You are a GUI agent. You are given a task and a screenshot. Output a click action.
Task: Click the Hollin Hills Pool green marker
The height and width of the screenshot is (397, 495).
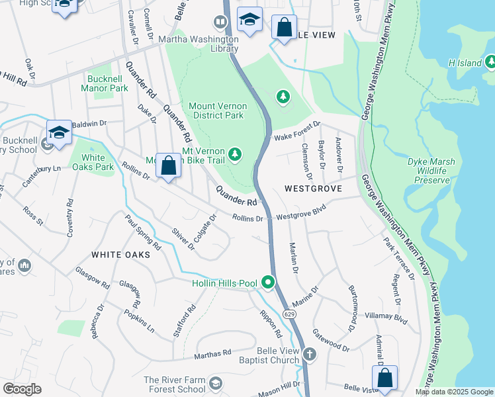pyautogui.click(x=268, y=283)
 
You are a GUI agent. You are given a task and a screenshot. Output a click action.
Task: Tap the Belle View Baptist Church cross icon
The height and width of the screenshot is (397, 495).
pyautogui.click(x=309, y=355)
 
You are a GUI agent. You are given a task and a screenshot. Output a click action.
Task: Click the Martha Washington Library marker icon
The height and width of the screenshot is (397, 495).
pyautogui.click(x=221, y=23)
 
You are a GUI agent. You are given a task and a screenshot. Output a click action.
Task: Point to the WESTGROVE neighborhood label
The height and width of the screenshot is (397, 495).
pyautogui.click(x=313, y=189)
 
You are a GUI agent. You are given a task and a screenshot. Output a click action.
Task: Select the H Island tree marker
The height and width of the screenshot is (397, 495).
pyautogui.click(x=490, y=62)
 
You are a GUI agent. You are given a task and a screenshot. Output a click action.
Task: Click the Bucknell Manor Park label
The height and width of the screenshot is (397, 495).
pyautogui.click(x=107, y=83)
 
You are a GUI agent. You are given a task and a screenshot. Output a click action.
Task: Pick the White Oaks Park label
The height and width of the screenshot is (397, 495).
pyautogui.click(x=93, y=163)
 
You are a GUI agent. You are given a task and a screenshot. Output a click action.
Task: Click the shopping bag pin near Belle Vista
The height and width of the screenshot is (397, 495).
pyautogui.click(x=384, y=378)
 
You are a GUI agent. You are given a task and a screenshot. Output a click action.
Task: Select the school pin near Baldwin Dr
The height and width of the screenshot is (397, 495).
pyautogui.click(x=59, y=132)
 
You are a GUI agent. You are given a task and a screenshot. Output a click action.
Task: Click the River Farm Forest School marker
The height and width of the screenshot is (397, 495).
pyautogui.click(x=215, y=384)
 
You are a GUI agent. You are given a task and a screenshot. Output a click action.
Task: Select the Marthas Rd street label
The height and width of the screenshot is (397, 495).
pyautogui.click(x=212, y=354)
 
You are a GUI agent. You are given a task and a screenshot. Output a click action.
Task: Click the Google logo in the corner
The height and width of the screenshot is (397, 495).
pyautogui.click(x=21, y=389)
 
